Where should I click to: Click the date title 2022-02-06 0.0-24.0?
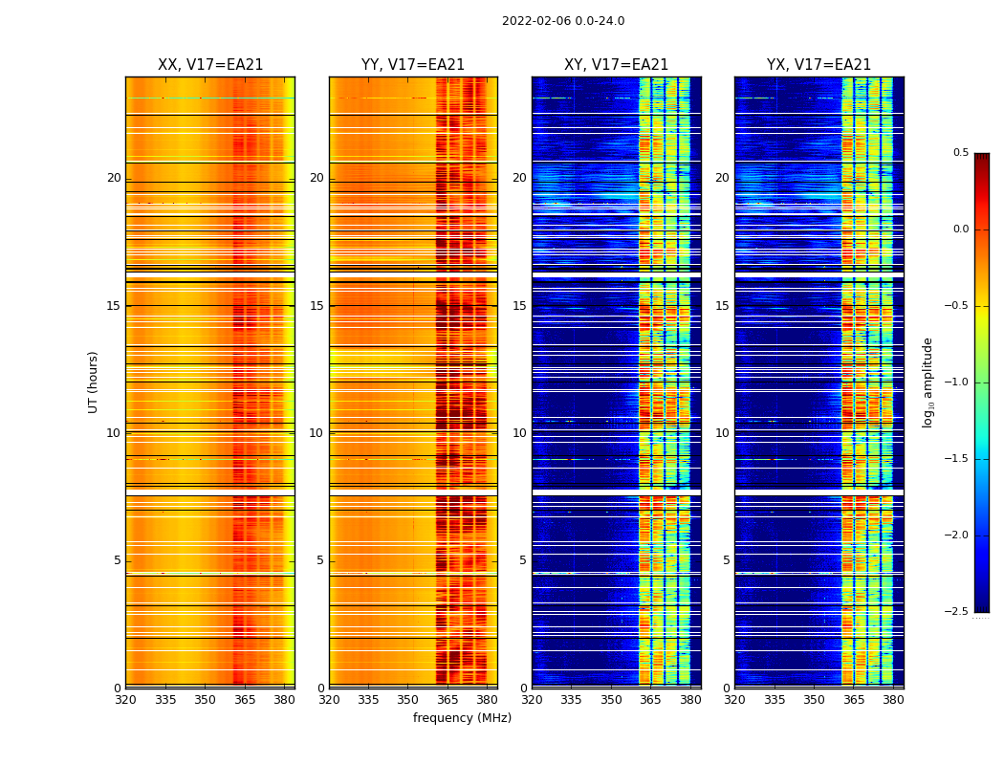(x=563, y=21)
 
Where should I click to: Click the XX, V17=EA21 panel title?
(x=210, y=65)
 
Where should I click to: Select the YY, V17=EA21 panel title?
(x=413, y=65)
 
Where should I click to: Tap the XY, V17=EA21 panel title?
(x=617, y=65)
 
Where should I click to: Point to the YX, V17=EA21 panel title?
(x=819, y=65)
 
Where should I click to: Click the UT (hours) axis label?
(x=94, y=382)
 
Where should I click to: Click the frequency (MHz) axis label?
(x=462, y=718)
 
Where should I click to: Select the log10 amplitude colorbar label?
(x=928, y=382)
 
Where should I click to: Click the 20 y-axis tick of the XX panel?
(x=114, y=178)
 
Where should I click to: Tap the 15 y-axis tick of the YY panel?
(x=316, y=306)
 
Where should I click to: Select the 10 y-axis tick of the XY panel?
(x=519, y=433)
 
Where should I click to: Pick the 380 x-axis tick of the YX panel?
(x=893, y=700)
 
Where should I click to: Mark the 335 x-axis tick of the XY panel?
(x=572, y=700)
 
